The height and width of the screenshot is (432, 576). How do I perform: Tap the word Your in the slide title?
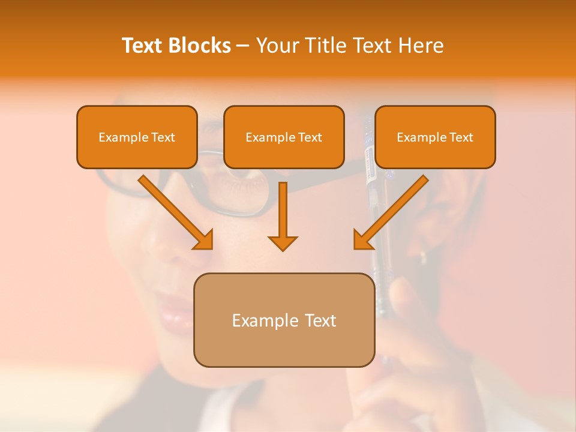(276, 46)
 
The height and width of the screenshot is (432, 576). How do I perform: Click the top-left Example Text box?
(137, 137)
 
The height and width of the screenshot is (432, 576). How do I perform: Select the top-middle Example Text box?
(284, 137)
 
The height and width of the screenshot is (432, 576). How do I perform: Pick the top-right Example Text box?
(435, 137)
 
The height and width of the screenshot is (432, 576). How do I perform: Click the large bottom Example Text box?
(284, 320)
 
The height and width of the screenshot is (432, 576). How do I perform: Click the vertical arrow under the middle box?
(283, 210)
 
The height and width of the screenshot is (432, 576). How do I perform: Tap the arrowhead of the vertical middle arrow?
(283, 242)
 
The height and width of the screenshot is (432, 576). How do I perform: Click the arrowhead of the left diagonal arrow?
(204, 240)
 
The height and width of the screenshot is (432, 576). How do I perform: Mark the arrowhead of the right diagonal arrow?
(362, 240)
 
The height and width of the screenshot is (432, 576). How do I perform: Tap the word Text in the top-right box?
(461, 137)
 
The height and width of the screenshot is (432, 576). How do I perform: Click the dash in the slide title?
(243, 46)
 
